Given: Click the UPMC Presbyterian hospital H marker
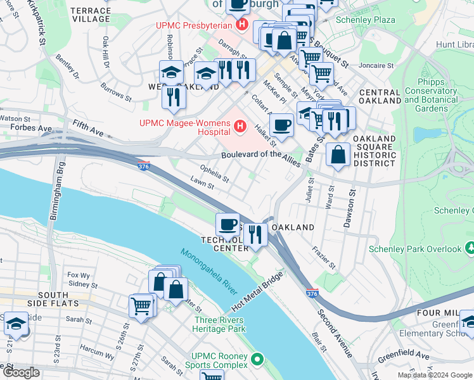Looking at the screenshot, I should (x=241, y=25).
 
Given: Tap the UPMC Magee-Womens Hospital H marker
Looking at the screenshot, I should (x=240, y=127).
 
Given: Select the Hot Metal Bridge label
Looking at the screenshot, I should (x=257, y=292).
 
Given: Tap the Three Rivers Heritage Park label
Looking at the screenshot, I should (x=219, y=324).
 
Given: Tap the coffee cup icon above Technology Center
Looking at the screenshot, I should (x=227, y=224).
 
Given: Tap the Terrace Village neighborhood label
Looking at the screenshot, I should (x=91, y=15).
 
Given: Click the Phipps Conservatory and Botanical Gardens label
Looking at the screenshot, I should (x=430, y=96).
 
